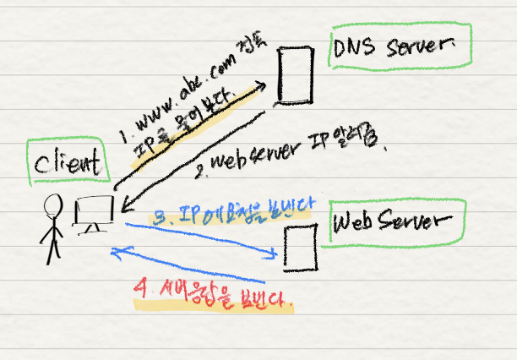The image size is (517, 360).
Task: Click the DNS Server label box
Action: tap(400, 50)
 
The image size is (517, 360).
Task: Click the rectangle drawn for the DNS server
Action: tap(292, 74)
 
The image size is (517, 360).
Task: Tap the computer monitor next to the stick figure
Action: tap(93, 213)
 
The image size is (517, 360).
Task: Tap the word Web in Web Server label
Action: tap(358, 223)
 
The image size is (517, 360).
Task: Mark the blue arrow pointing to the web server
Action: tap(203, 237)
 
